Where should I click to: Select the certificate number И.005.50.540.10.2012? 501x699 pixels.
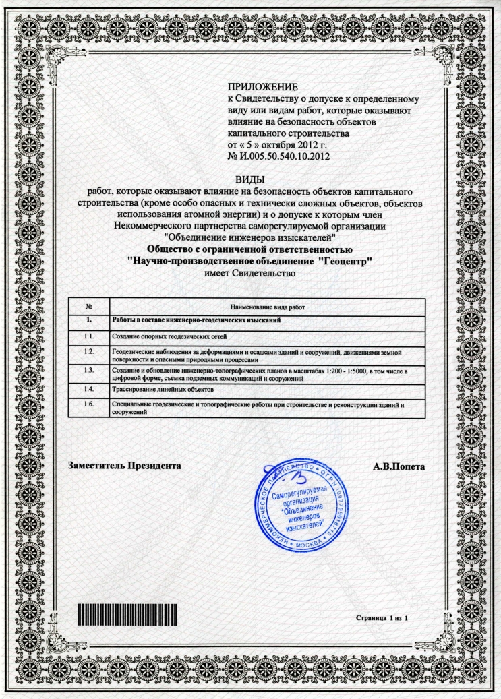[291, 156]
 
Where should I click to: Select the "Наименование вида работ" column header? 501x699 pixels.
[267, 306]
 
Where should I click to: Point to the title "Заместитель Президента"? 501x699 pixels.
[125, 466]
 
